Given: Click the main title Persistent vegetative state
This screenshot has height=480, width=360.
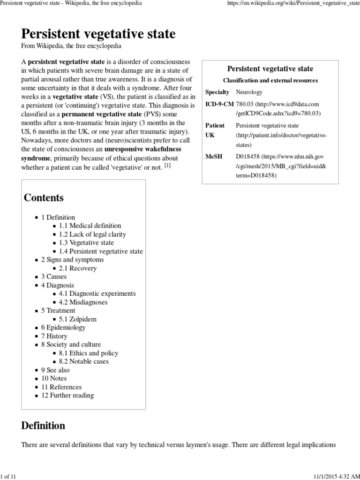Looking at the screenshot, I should (x=98, y=34).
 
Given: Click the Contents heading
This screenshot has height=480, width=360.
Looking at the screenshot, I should (x=44, y=198).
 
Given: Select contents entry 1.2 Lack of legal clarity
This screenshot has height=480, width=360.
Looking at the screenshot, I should (x=92, y=234).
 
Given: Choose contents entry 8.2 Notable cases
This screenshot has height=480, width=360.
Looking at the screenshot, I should (x=83, y=361).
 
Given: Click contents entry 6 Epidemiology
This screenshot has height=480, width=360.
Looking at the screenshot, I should (x=63, y=328).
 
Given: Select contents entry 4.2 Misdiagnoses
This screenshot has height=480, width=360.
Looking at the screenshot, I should (x=83, y=302).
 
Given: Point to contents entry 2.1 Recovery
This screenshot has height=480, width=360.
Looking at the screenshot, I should (x=77, y=268).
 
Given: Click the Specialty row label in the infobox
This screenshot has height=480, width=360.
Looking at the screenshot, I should (x=217, y=92).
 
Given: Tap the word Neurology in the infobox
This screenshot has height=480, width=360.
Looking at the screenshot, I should (x=249, y=92).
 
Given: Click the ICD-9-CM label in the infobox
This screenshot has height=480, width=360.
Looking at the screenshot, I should (x=219, y=104).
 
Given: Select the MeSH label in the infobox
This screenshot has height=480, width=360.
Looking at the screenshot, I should (x=214, y=156).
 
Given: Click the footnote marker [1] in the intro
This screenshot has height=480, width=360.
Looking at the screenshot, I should (x=167, y=166).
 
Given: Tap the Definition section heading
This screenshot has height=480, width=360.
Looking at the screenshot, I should (x=43, y=426).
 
